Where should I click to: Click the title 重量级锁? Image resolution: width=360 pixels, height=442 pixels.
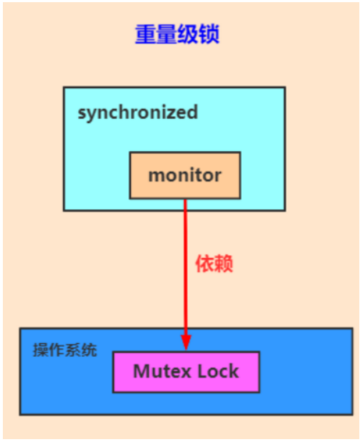[177, 34]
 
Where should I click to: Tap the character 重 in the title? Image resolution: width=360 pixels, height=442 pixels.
[146, 34]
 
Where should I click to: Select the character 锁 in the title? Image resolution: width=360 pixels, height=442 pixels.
[209, 34]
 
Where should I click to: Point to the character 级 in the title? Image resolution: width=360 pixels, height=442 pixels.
[188, 34]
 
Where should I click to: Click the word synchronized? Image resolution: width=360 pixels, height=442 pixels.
[138, 112]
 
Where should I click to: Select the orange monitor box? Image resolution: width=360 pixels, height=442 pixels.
[185, 176]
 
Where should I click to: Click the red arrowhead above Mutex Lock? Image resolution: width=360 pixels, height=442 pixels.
[186, 342]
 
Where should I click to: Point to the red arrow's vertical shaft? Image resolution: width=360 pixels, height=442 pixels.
[185, 267]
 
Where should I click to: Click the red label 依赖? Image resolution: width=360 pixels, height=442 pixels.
[214, 264]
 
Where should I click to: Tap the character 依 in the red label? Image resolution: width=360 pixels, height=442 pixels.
[205, 264]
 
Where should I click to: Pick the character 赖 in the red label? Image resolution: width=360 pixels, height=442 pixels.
[224, 264]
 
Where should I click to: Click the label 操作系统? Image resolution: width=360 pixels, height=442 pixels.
[65, 350]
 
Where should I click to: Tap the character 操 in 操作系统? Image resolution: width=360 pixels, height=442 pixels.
[41, 350]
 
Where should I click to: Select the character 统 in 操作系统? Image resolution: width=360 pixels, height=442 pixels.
[89, 350]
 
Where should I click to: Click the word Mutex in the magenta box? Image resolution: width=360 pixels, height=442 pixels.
[162, 371]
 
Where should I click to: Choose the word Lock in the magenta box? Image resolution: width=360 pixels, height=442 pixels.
[218, 371]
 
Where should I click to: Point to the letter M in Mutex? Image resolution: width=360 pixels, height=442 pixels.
[141, 371]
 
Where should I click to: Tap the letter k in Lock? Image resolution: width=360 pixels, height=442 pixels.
[235, 371]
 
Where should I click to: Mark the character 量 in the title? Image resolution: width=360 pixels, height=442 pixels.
[167, 34]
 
